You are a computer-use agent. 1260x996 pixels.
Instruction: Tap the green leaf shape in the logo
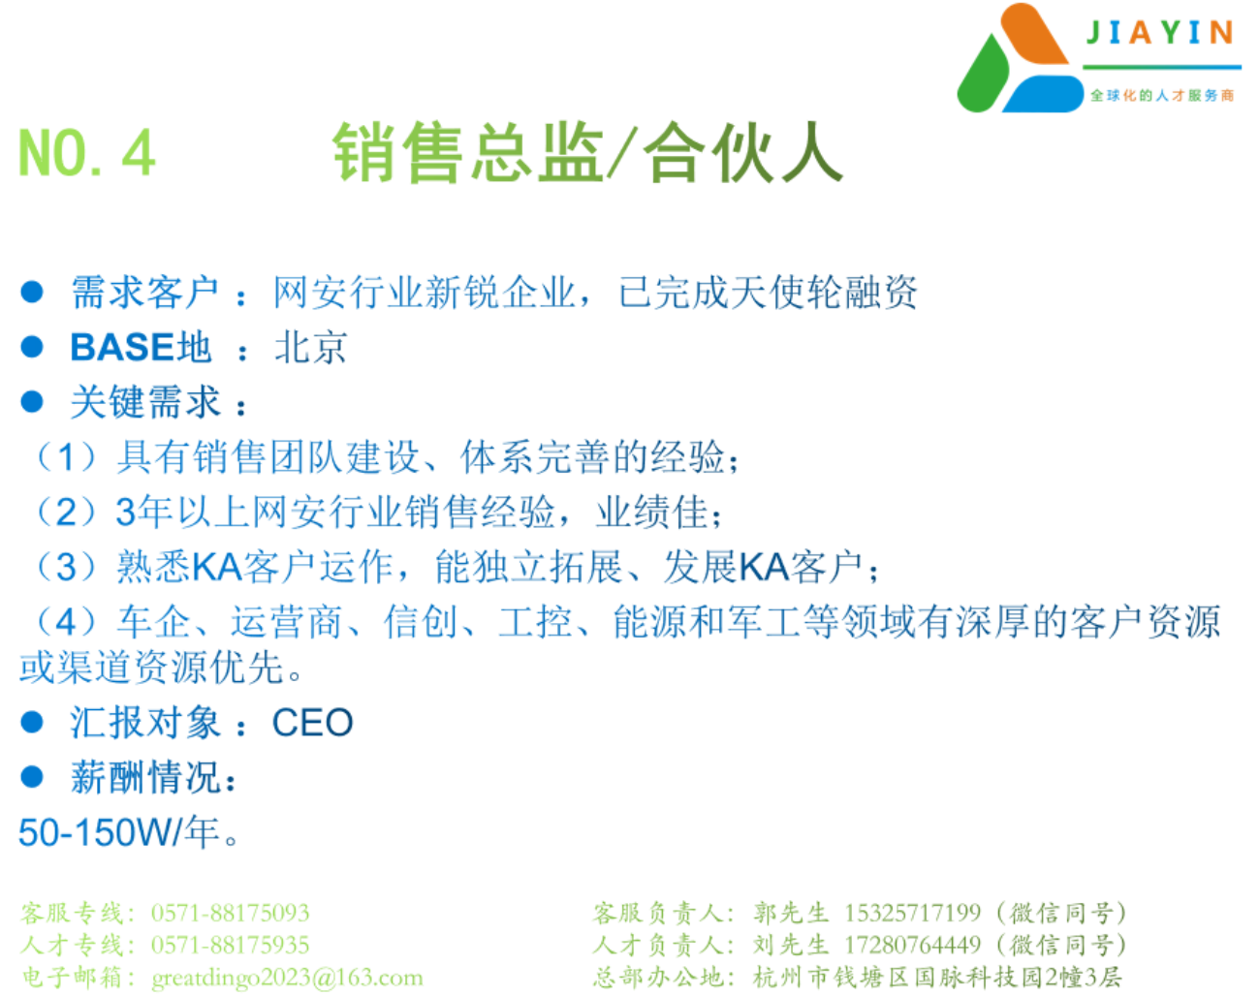click(x=984, y=75)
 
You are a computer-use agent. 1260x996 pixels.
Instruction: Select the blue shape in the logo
click(x=1043, y=94)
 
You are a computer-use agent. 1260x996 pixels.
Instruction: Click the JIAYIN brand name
click(x=1160, y=32)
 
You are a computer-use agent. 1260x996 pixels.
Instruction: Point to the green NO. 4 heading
click(x=87, y=153)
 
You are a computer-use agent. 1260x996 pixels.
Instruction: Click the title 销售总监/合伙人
click(x=588, y=152)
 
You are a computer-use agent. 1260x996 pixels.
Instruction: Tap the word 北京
click(x=311, y=348)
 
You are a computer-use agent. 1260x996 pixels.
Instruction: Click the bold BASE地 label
click(x=141, y=347)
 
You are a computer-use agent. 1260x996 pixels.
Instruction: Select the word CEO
click(x=313, y=723)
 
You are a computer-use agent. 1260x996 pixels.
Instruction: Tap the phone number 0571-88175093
click(x=230, y=913)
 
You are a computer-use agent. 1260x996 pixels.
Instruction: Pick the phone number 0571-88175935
click(x=230, y=945)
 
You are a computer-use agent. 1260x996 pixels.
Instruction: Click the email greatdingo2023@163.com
click(x=288, y=978)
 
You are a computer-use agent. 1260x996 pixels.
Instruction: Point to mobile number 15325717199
click(x=912, y=913)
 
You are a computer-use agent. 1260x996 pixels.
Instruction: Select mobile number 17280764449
click(x=912, y=945)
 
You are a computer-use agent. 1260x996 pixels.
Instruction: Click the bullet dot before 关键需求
click(x=32, y=402)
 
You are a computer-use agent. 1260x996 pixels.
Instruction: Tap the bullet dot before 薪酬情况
click(x=32, y=777)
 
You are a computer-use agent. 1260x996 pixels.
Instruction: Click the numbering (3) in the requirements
click(x=66, y=567)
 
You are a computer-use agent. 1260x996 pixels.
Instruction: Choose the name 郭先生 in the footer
click(x=791, y=913)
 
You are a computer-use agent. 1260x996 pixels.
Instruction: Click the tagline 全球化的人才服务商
click(x=1162, y=95)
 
